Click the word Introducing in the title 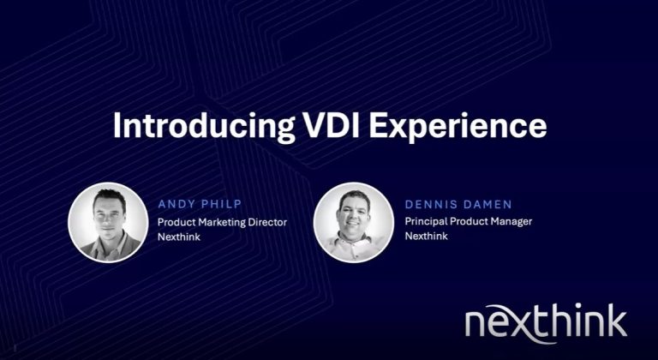[204, 126]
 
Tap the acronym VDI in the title [331, 125]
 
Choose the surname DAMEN [487, 205]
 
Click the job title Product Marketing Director [223, 222]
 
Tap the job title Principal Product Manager [469, 221]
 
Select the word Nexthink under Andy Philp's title [179, 237]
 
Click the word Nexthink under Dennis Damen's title [426, 236]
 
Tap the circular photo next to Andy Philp [108, 222]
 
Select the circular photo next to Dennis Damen [353, 222]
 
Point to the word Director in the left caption [267, 222]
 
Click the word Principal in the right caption [424, 222]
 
